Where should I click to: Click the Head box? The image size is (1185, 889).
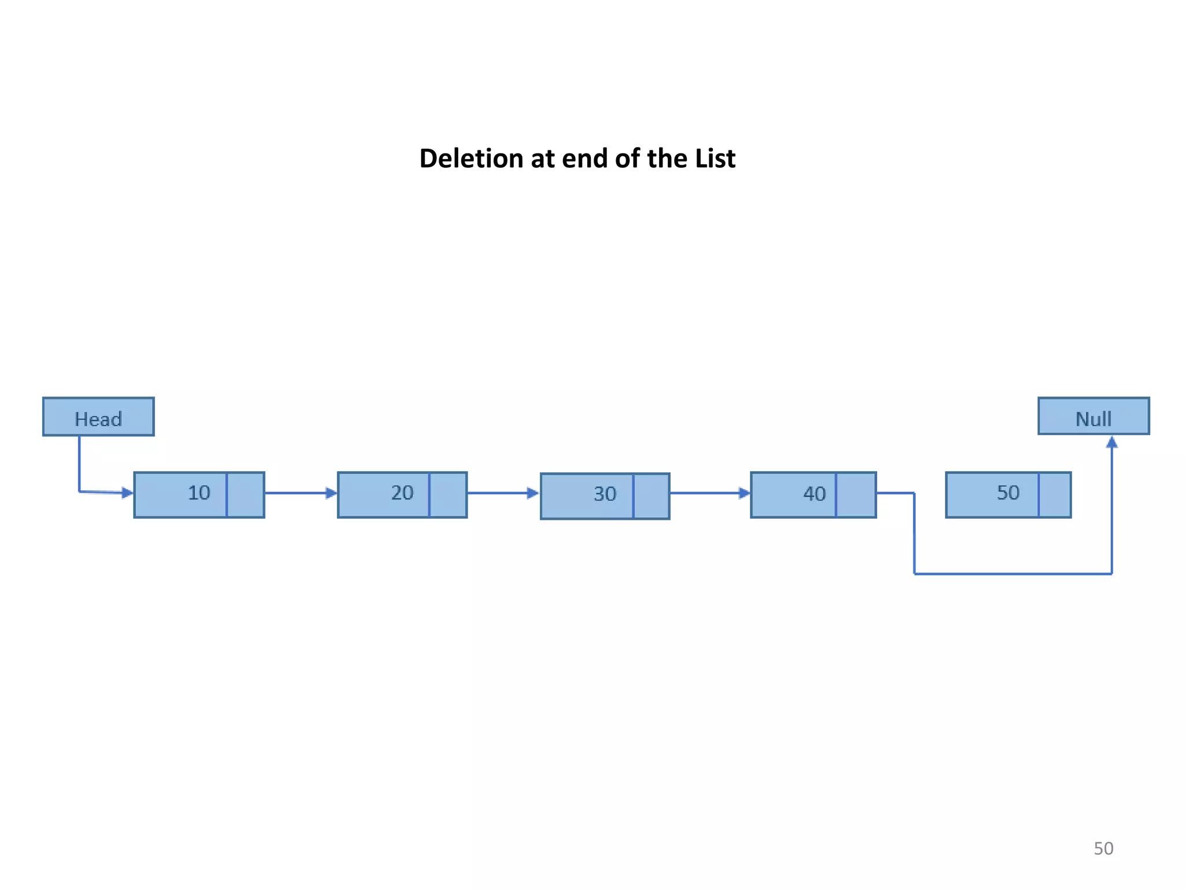click(x=98, y=417)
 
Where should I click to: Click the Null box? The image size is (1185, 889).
click(x=1094, y=416)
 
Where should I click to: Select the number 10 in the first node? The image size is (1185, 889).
click(x=199, y=493)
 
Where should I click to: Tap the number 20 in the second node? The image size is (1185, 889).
click(x=402, y=493)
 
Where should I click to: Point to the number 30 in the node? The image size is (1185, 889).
click(x=605, y=494)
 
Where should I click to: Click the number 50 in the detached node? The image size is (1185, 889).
click(x=1008, y=493)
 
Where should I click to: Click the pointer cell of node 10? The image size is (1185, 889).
click(x=245, y=495)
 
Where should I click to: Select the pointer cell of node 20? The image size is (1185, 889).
click(x=448, y=495)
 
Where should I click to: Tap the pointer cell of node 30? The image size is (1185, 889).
click(x=652, y=496)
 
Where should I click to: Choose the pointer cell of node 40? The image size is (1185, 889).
click(x=856, y=495)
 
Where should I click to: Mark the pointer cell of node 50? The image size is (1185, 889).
click(x=1054, y=495)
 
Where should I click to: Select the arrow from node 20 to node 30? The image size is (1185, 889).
click(x=503, y=493)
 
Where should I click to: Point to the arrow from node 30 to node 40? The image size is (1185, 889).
click(x=710, y=493)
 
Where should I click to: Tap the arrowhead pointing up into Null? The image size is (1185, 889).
click(x=1112, y=443)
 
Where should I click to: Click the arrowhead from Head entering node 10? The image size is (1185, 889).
click(x=127, y=493)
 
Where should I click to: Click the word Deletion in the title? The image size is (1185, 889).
click(x=471, y=159)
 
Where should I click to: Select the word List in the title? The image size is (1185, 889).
click(x=715, y=159)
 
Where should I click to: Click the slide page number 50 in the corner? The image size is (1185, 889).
click(x=1103, y=848)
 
